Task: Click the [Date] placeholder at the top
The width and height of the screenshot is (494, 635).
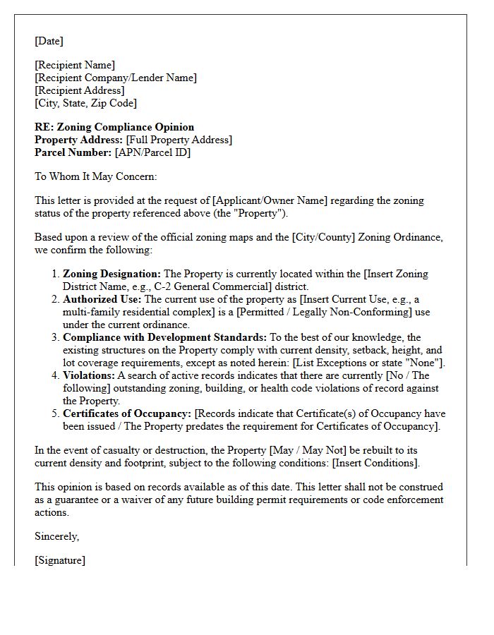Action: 49,41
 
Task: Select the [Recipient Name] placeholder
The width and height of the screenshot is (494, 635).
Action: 75,65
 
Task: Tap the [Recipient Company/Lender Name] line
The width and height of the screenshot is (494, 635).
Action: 116,78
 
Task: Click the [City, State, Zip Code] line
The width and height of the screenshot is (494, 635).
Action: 85,103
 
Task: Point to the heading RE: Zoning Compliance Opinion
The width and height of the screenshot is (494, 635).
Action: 114,127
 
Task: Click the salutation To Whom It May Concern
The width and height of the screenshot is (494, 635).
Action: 96,176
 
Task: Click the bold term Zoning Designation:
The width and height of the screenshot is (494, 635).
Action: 112,274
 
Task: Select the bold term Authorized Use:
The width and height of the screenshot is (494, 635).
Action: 102,299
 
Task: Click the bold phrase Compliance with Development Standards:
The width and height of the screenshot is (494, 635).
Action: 164,337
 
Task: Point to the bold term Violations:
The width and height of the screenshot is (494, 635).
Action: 89,375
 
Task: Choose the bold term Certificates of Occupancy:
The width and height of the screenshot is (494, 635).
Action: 127,413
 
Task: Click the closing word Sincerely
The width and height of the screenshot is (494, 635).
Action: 56,536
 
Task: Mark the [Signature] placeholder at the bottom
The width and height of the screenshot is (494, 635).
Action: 60,560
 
